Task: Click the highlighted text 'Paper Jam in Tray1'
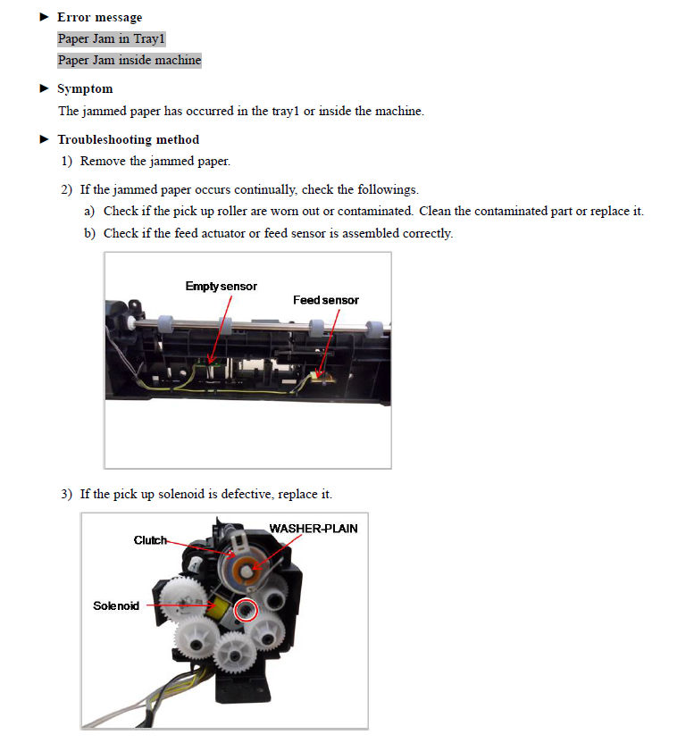pyautogui.click(x=112, y=39)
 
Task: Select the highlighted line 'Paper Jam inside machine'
pyautogui.click(x=130, y=61)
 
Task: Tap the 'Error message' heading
pyautogui.click(x=99, y=17)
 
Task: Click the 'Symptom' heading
pyautogui.click(x=85, y=89)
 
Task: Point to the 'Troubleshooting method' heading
pyautogui.click(x=128, y=139)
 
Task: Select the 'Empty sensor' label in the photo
pyautogui.click(x=221, y=287)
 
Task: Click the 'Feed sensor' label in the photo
pyautogui.click(x=325, y=300)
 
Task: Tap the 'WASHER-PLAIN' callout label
pyautogui.click(x=313, y=529)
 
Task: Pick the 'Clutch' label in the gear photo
pyautogui.click(x=150, y=540)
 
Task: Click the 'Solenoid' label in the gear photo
pyautogui.click(x=116, y=605)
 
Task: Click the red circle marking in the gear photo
pyautogui.click(x=245, y=610)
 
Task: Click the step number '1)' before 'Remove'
pyautogui.click(x=67, y=162)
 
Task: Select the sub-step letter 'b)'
pyautogui.click(x=89, y=233)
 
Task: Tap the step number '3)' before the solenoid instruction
pyautogui.click(x=67, y=494)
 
